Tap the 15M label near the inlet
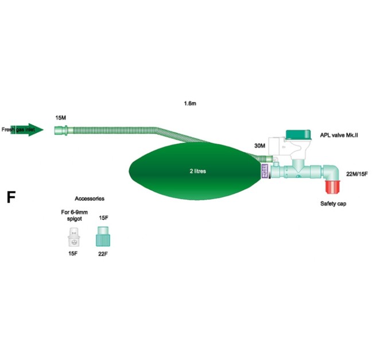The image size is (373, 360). (x=60, y=118)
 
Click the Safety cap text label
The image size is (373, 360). (x=333, y=204)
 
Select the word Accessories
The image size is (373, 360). (x=89, y=198)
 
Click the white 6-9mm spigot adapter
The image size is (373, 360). (x=73, y=235)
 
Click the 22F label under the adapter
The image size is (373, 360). (x=103, y=253)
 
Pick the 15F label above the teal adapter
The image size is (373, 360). (x=103, y=218)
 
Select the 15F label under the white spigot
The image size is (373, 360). (x=73, y=253)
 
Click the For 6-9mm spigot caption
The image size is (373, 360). (x=73, y=215)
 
